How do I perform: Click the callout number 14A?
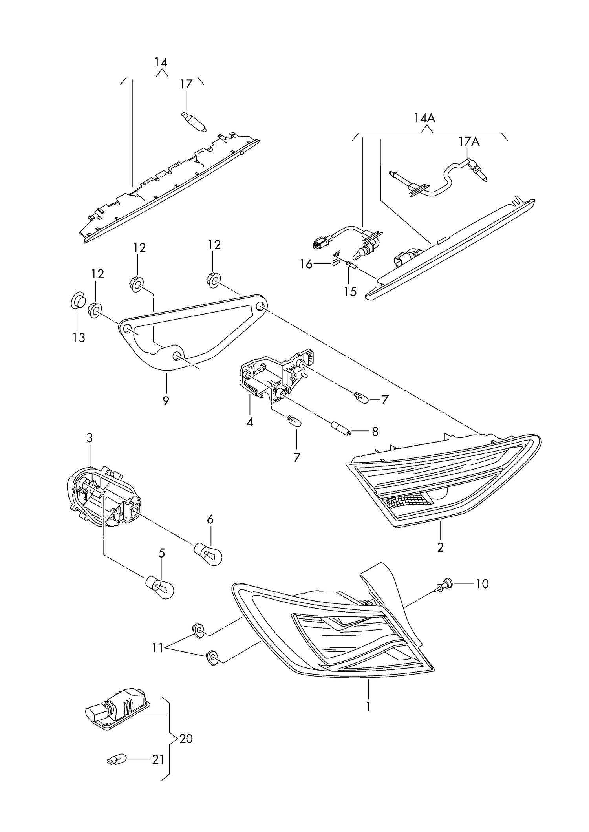pyautogui.click(x=424, y=118)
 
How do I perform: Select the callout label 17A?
pyautogui.click(x=469, y=141)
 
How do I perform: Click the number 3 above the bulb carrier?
pyautogui.click(x=90, y=438)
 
